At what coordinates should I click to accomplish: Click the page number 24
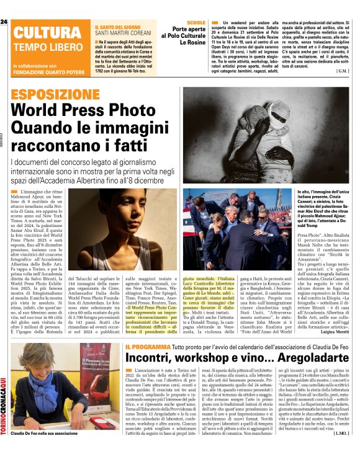4,22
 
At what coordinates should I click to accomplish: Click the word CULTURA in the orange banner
45,33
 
